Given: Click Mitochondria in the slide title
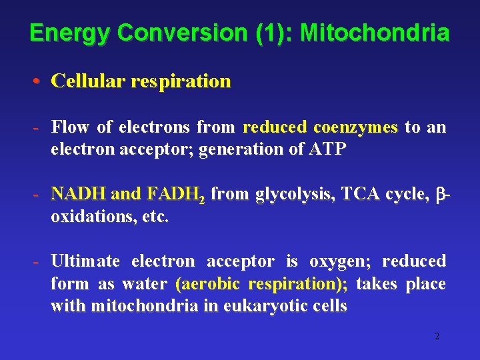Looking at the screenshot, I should point(375,33).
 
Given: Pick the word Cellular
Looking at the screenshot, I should point(89,81).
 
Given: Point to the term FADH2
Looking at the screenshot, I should point(174,195).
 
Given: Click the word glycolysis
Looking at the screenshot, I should point(295,194).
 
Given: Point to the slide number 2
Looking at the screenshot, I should point(437,337).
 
